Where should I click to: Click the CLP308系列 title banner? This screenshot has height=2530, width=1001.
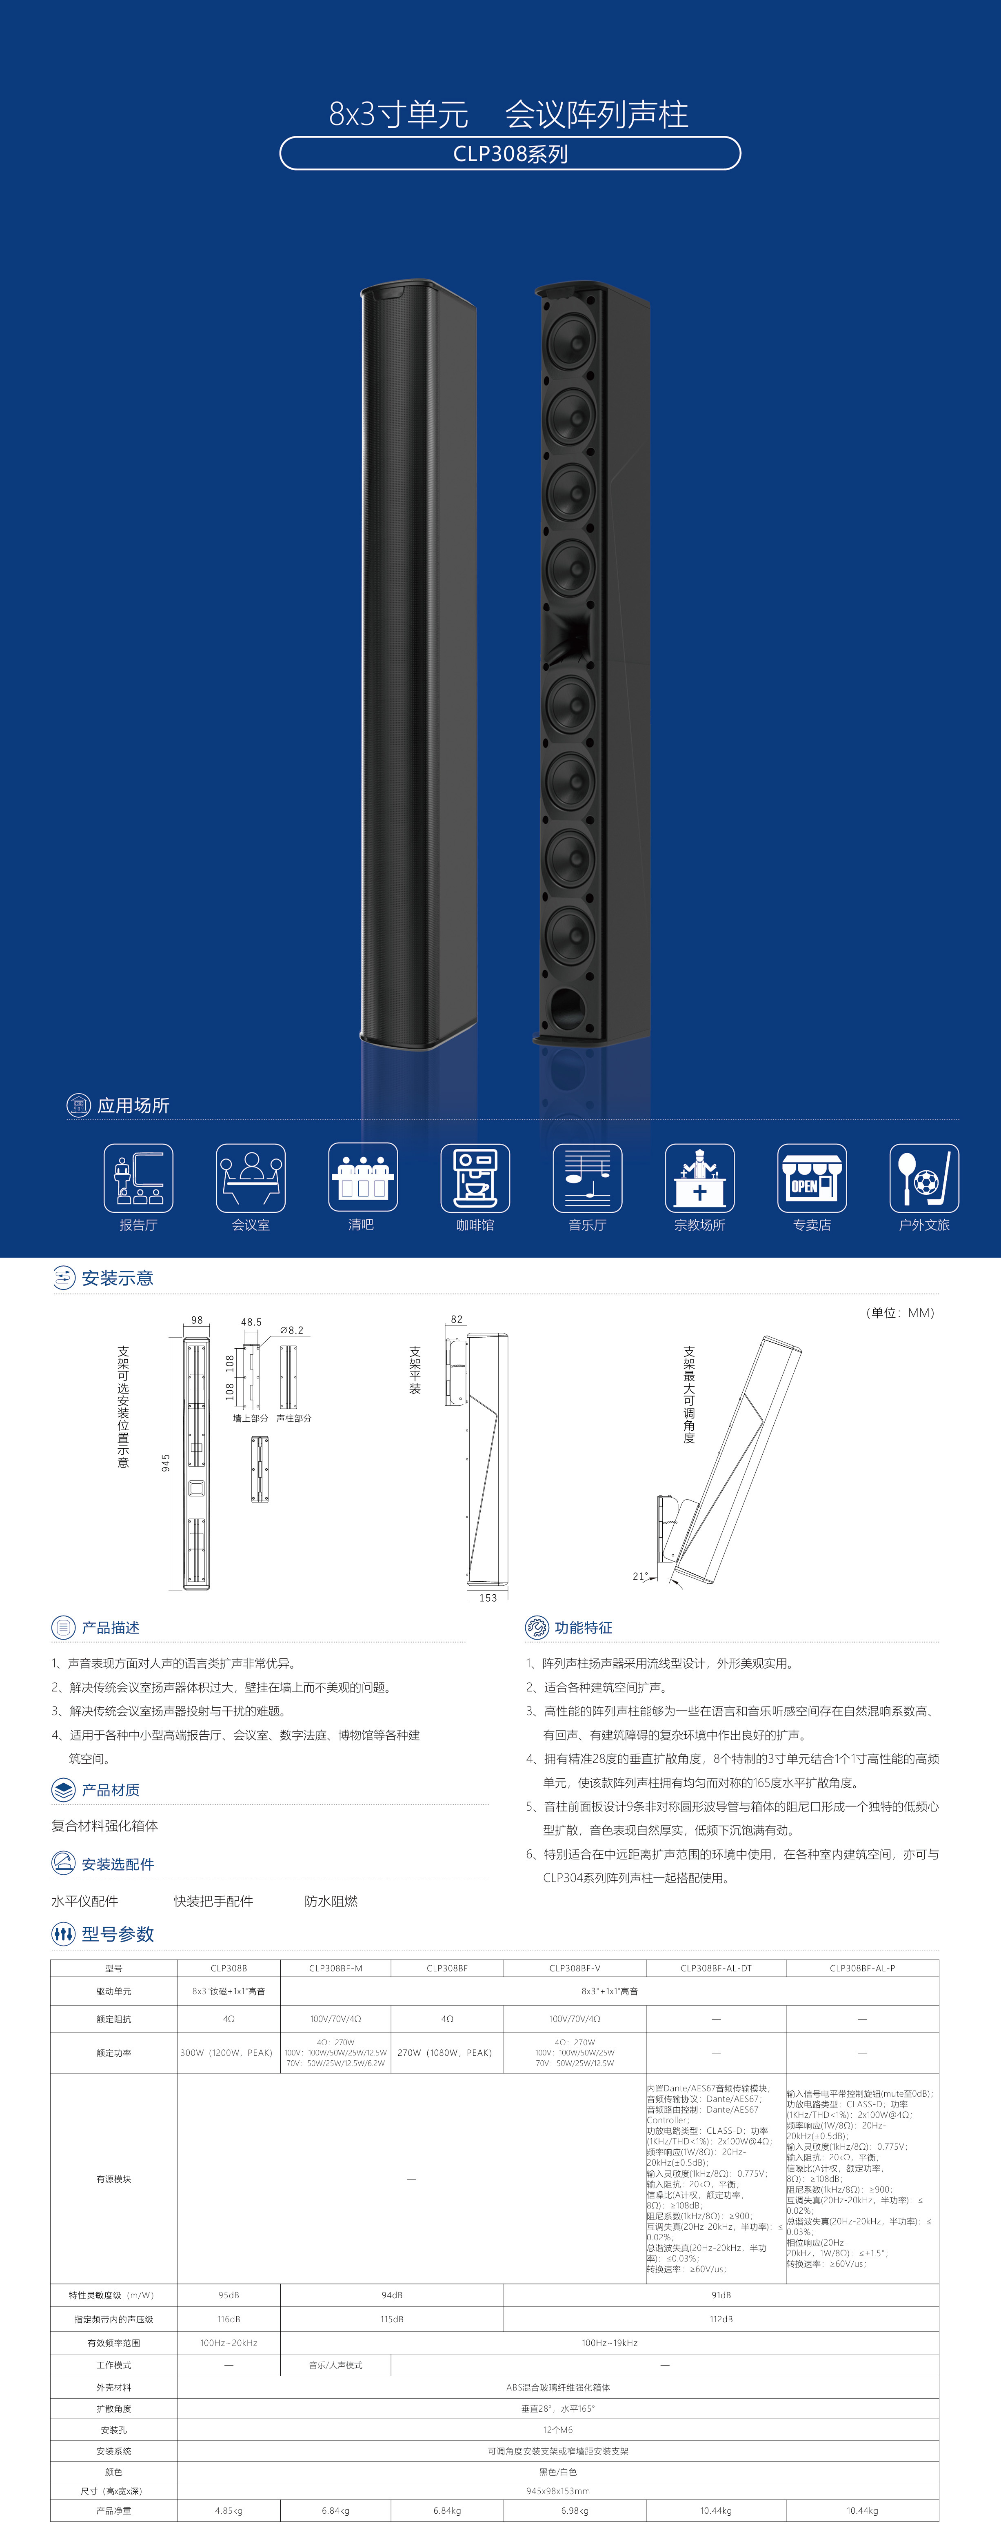coord(510,153)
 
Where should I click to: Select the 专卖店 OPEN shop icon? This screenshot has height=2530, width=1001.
coord(811,1178)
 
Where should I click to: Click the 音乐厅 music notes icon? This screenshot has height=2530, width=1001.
coord(588,1178)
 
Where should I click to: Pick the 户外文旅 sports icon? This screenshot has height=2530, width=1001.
coord(923,1178)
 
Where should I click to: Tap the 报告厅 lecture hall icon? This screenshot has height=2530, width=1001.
coord(138,1178)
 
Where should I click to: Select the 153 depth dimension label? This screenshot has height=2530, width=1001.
coord(488,1598)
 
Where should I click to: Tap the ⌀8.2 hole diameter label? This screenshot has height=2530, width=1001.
coord(292,1330)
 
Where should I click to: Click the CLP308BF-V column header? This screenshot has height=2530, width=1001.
coord(575,1968)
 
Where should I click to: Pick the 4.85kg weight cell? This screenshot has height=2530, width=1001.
coord(229,2510)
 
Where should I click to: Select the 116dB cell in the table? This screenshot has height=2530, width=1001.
coord(229,2319)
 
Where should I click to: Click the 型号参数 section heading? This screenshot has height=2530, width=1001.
coord(118,1934)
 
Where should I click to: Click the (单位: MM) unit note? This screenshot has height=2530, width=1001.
coord(900,1312)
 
